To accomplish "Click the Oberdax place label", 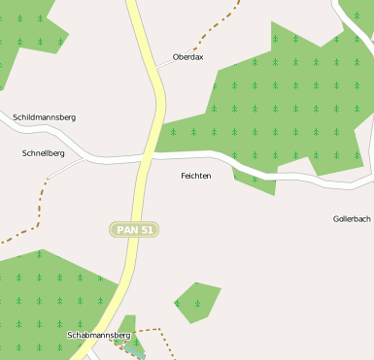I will pos(187,57).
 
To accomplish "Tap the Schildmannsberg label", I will pos(45,117).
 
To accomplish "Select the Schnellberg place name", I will pos(44,153).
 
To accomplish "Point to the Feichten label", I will pos(196,176).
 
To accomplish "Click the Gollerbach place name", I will pos(352,219).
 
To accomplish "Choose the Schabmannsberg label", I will pos(98,335).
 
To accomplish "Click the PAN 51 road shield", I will pos(134,230).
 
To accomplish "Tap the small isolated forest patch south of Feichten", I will pos(196,300).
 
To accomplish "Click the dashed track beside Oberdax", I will pos(216,27).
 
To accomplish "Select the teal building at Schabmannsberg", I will pos(136,350).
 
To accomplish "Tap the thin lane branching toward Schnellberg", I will pos(63,168).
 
